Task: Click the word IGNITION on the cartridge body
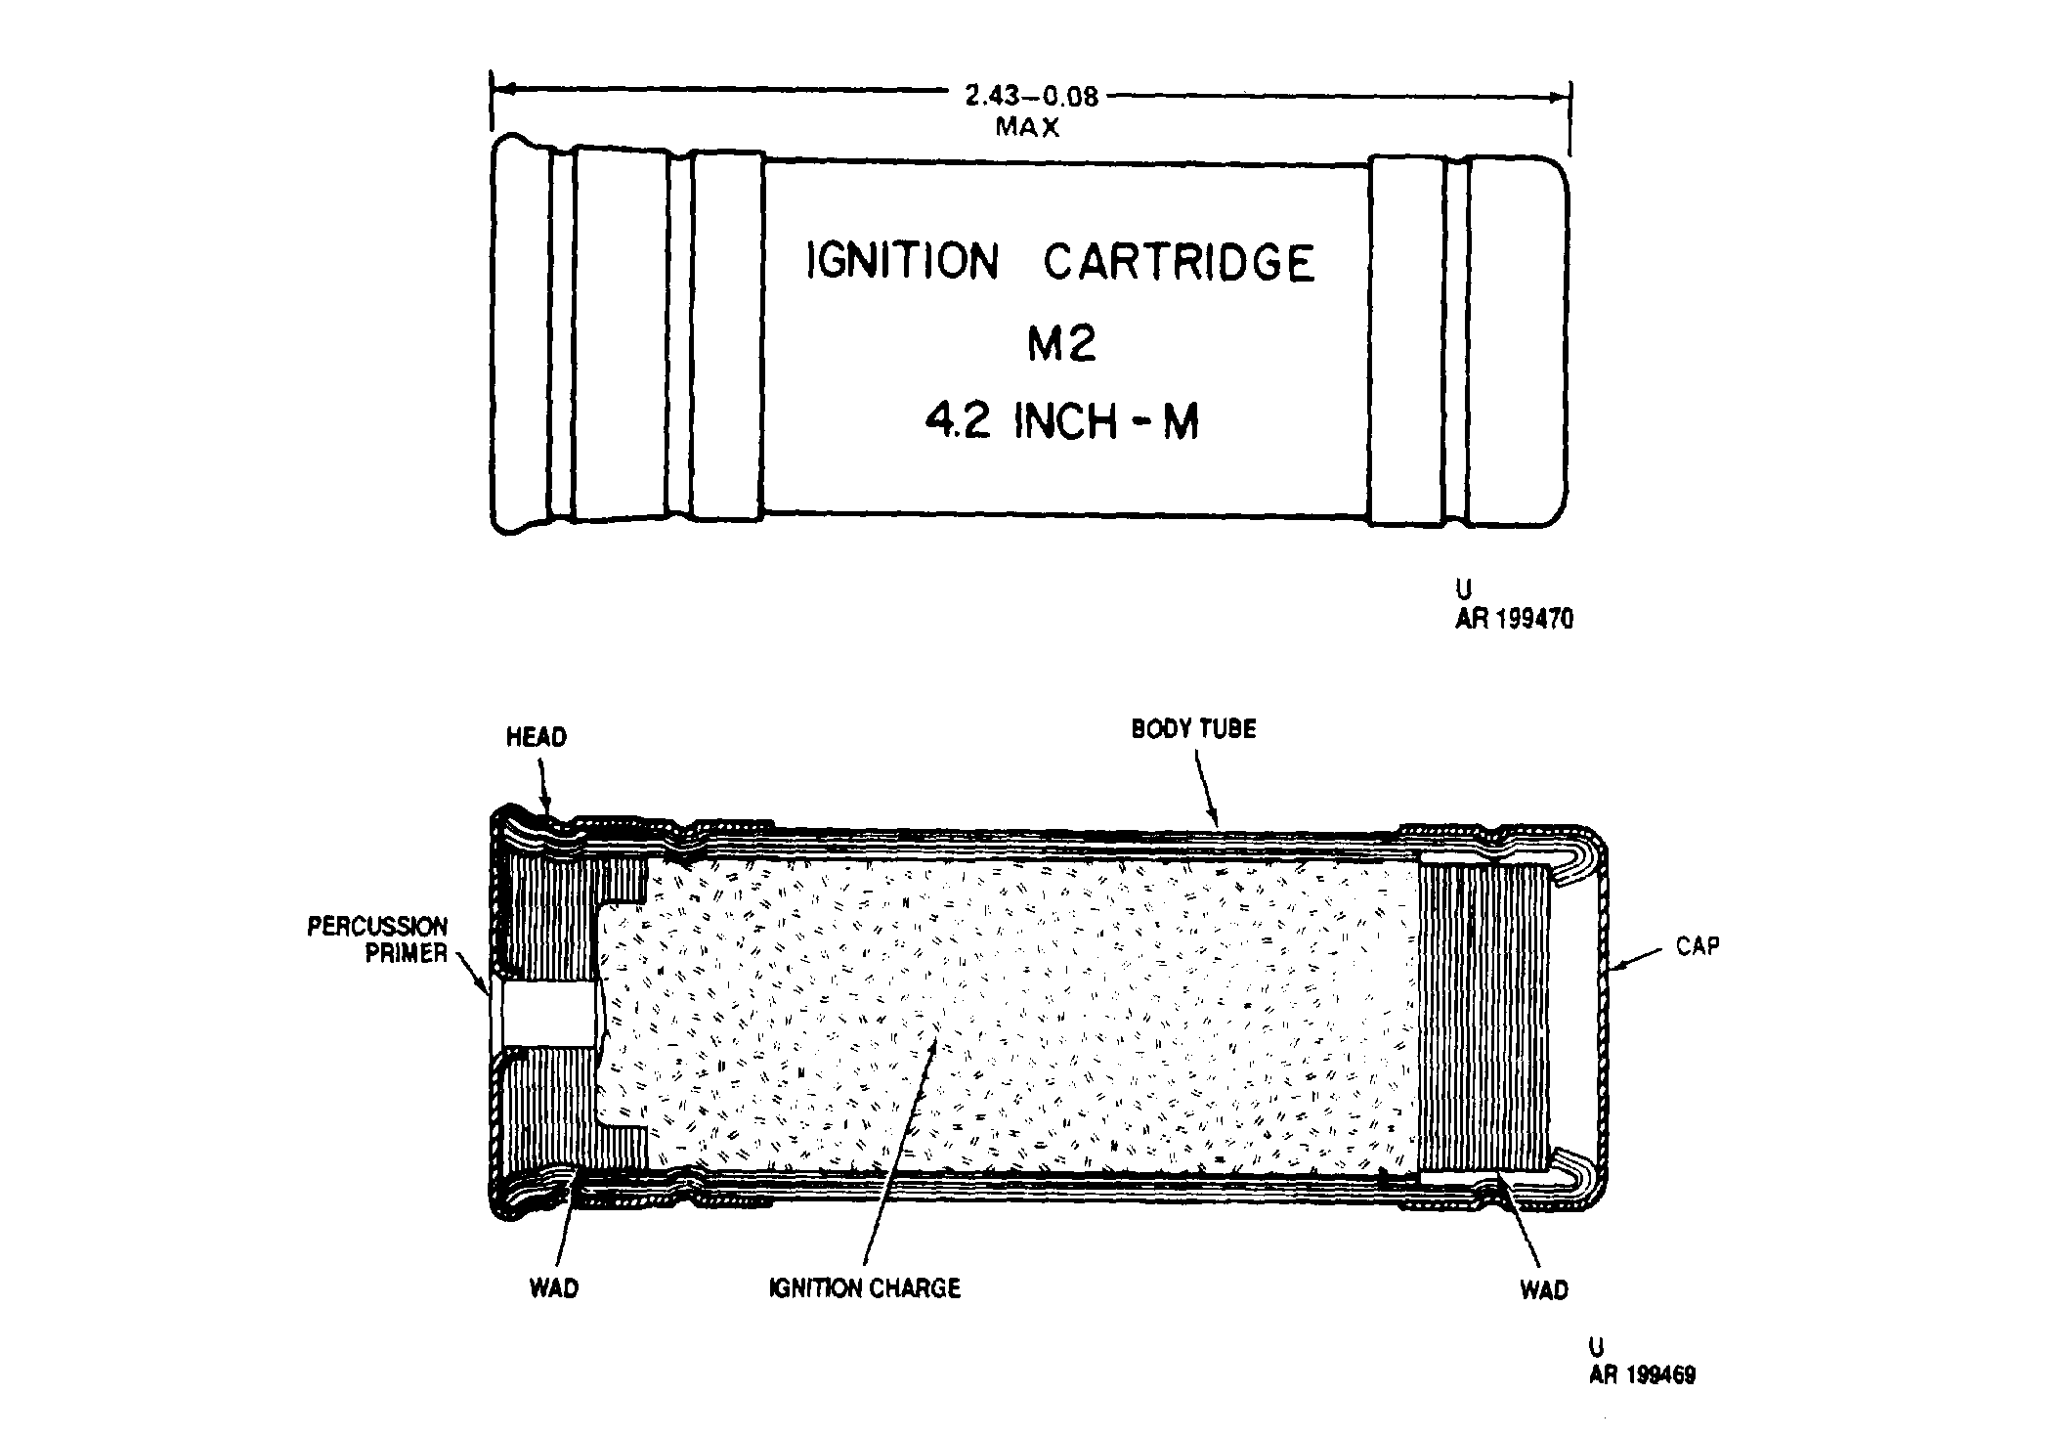point(902,262)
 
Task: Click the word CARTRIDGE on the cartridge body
point(1180,262)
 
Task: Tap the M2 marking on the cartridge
point(1061,343)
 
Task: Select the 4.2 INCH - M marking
point(1061,422)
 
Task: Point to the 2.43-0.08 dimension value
point(1032,96)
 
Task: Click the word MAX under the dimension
point(1027,127)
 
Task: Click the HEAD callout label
point(537,737)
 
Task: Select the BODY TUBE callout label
point(1193,729)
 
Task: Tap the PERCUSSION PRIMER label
point(378,939)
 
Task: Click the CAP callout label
point(1698,946)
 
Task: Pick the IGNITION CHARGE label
point(865,1287)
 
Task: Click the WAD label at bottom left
point(554,1288)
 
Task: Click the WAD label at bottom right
point(1544,1290)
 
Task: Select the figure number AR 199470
point(1515,619)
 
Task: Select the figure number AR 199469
point(1643,1374)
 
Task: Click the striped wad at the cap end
point(1483,1017)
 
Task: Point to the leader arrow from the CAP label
point(1638,959)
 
